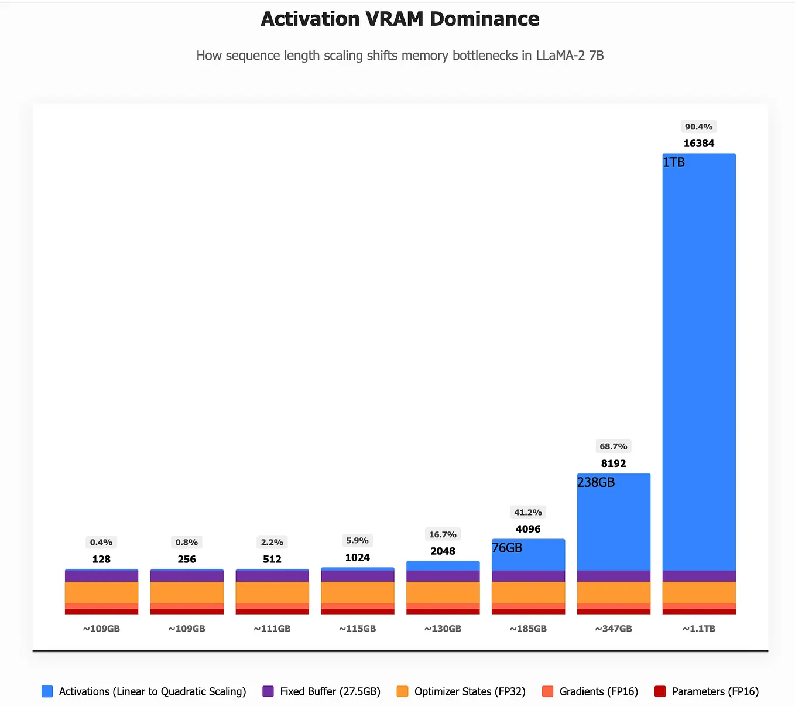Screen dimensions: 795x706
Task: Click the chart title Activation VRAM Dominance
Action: tap(400, 19)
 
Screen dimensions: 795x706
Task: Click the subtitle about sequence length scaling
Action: tap(400, 56)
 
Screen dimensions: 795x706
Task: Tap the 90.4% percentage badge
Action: tap(698, 127)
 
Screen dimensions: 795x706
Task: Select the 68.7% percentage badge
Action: tap(614, 446)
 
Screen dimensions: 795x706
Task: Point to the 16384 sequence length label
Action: tap(699, 144)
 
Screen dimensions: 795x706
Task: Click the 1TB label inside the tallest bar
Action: tap(674, 162)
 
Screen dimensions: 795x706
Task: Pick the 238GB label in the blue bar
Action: tap(595, 482)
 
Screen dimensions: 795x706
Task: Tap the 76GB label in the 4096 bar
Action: tap(507, 548)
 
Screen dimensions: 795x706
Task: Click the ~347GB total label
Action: tap(614, 629)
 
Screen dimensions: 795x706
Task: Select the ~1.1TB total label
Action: tap(699, 629)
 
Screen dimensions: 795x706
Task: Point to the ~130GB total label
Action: tap(443, 629)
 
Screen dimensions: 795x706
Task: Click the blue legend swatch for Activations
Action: tap(47, 691)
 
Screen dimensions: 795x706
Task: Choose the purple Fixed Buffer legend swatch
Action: tap(268, 691)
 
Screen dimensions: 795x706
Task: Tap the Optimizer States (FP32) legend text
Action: tap(470, 691)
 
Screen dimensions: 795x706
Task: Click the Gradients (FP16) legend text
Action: tap(599, 691)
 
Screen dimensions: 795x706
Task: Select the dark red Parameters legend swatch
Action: tap(660, 691)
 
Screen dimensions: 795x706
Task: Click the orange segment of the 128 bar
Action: tap(102, 592)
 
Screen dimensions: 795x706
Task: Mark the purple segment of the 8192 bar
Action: tap(614, 576)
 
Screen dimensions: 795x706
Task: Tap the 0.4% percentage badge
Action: tap(101, 542)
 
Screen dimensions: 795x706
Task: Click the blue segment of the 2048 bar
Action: tap(443, 566)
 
